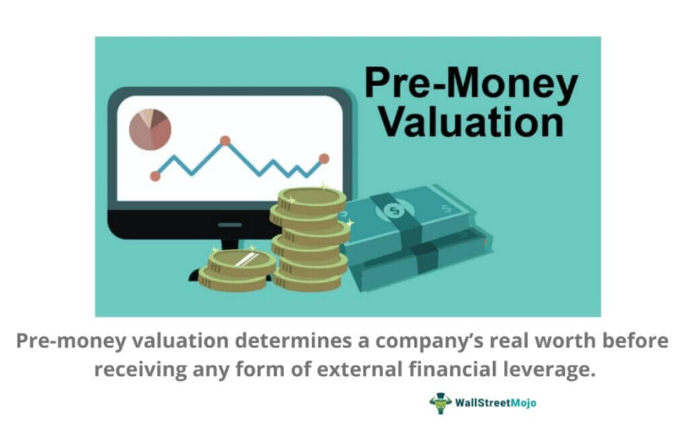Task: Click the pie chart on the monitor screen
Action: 150,127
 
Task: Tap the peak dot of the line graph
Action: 225,141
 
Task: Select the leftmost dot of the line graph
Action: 155,176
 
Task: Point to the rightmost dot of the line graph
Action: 324,159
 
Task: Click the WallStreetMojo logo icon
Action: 440,403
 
